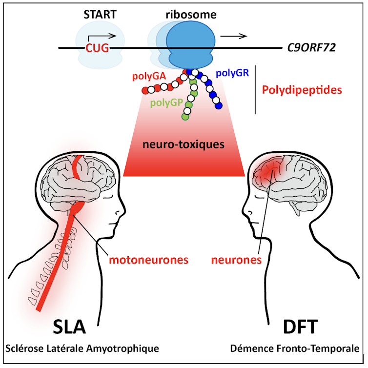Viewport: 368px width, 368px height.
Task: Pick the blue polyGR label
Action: point(232,73)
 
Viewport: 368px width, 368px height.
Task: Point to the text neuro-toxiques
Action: point(184,144)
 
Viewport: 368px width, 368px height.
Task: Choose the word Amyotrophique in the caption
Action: point(128,349)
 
